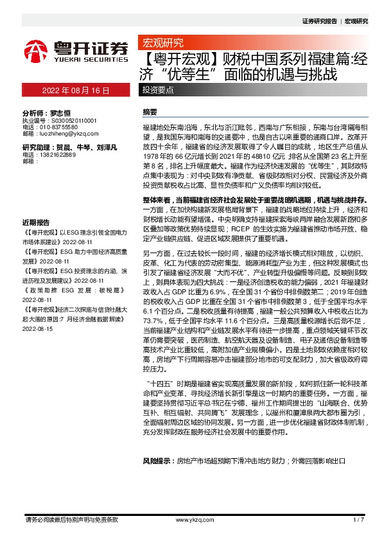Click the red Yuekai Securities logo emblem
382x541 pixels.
[36, 51]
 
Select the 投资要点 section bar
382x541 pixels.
[158, 91]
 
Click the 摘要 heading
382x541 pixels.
[150, 112]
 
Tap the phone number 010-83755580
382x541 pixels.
[61, 127]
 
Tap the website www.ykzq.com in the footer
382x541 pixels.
[192, 519]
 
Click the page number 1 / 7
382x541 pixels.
[358, 519]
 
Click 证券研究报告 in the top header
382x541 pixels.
[319, 21]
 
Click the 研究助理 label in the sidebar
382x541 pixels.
[36, 148]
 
